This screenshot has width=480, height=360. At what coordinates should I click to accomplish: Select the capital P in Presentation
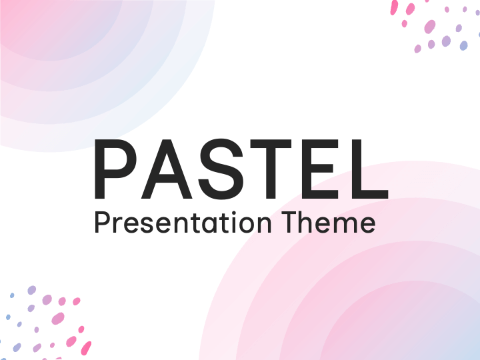pos(101,223)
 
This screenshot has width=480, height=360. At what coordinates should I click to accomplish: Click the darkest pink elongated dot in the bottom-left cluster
pos(86,348)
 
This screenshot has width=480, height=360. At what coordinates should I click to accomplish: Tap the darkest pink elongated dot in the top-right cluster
pos(394,7)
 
